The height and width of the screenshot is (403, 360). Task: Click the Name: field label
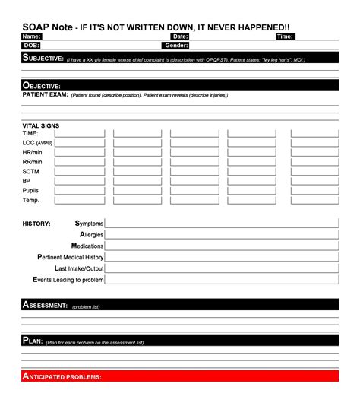click(31, 36)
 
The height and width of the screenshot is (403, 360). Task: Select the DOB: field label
click(31, 46)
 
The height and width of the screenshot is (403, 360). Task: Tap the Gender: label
click(176, 46)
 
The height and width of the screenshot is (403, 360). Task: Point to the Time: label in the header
click(285, 36)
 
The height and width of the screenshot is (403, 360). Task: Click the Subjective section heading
click(43, 58)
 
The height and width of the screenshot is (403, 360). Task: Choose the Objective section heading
click(42, 86)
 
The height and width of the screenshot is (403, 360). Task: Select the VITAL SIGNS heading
click(41, 125)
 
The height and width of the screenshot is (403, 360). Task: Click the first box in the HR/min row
click(79, 152)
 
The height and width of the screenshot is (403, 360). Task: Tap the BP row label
click(27, 182)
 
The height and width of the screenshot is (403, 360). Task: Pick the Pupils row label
click(31, 191)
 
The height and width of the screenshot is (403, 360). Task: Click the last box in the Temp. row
click(314, 201)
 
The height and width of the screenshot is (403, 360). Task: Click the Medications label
click(87, 246)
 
